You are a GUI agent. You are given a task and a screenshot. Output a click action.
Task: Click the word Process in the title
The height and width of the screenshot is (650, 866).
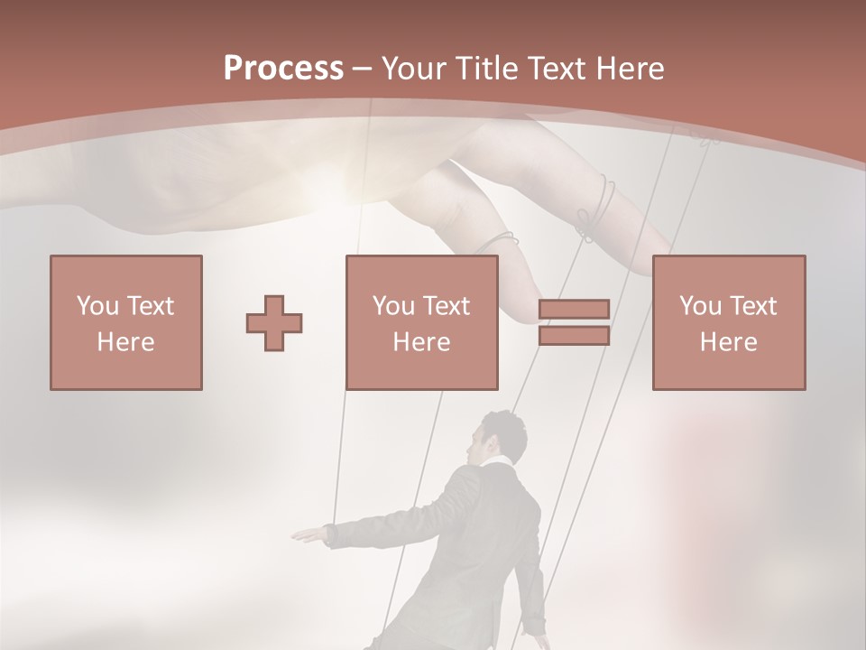tap(283, 69)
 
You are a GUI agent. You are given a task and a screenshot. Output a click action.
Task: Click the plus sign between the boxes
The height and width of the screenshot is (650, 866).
tap(274, 322)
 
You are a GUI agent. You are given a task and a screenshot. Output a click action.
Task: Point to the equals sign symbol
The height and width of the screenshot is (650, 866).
tap(574, 322)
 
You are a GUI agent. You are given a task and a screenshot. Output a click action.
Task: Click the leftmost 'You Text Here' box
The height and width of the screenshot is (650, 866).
tap(126, 322)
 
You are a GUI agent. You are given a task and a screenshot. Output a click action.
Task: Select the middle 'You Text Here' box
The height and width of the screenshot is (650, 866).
tap(422, 322)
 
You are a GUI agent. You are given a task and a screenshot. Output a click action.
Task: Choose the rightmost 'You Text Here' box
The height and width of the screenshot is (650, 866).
tap(729, 322)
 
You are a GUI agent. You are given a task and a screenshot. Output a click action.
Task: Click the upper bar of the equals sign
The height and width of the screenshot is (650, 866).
tap(574, 310)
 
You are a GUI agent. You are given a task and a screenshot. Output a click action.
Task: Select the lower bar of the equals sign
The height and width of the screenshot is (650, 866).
tap(574, 335)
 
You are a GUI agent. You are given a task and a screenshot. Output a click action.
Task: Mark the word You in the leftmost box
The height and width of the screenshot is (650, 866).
tap(97, 306)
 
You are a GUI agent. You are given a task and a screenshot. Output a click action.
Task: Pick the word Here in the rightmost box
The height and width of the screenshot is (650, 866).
tap(729, 342)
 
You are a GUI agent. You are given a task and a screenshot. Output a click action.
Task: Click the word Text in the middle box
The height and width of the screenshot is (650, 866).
tap(447, 306)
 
